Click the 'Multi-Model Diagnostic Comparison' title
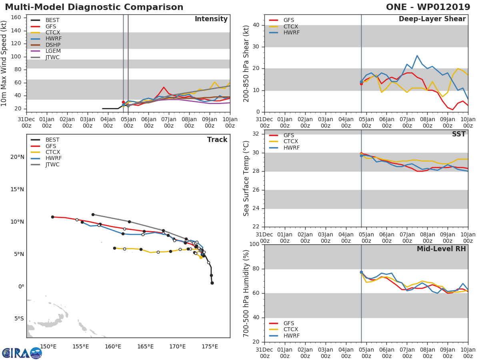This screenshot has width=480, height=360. pos(94,7)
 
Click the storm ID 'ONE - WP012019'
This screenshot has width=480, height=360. pos(429,7)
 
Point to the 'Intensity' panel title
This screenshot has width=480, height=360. pos(211,19)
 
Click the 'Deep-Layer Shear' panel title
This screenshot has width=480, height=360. pos(432,19)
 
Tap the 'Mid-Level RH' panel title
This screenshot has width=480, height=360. pos(441,249)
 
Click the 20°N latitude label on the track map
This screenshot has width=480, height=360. pos(17,157)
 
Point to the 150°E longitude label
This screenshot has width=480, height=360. pos(48,346)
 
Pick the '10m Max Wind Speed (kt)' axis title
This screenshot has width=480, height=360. pos(4,63)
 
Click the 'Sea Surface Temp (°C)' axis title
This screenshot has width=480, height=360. pos(246,178)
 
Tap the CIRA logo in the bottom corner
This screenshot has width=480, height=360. pos(22,353)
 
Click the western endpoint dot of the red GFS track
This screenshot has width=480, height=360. pos(52,217)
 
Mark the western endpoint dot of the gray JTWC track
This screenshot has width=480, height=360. pos(93,214)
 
